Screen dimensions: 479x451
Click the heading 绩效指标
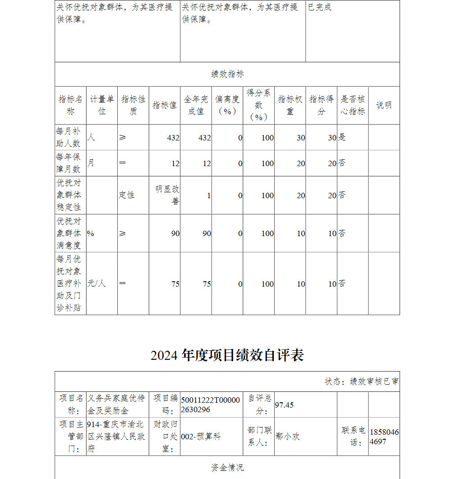click(227, 74)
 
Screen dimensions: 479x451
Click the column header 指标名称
click(70, 105)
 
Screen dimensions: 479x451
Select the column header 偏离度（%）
click(227, 105)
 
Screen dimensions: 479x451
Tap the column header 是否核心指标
click(353, 105)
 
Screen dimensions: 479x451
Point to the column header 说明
click(384, 105)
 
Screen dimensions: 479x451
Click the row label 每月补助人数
click(69, 137)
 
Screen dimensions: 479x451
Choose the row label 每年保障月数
click(69, 163)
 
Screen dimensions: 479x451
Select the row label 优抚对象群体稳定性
click(69, 195)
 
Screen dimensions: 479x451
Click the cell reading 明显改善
click(167, 195)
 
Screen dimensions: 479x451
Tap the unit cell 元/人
click(97, 284)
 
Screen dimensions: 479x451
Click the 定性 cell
click(127, 195)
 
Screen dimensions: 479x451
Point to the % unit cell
click(91, 233)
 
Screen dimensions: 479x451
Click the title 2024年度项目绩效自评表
click(227, 355)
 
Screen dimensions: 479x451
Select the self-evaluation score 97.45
click(284, 405)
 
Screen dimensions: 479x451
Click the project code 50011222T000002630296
click(211, 405)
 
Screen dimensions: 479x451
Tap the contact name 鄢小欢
click(287, 437)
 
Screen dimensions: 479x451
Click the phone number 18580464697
click(384, 437)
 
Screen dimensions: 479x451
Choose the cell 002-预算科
click(201, 437)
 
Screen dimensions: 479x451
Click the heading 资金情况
click(227, 467)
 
